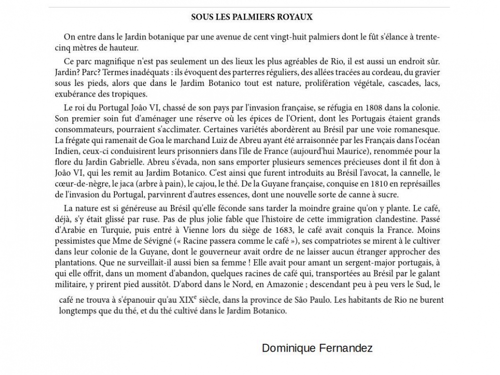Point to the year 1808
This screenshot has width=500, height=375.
click(x=367, y=107)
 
